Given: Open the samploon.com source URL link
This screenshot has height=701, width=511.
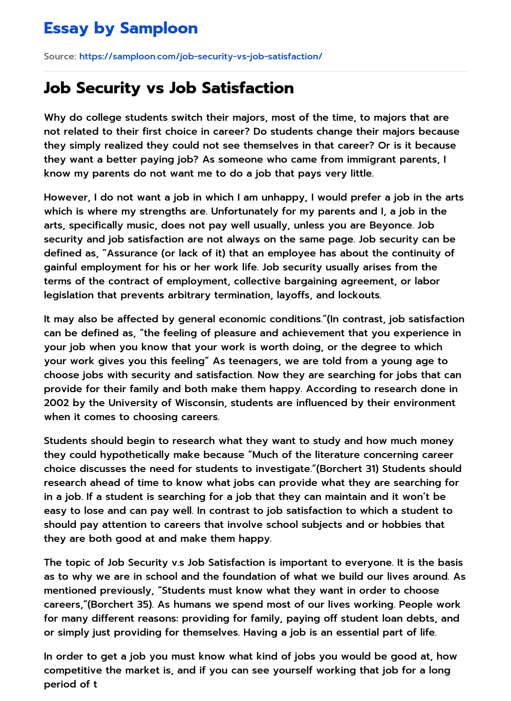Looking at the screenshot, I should pos(201,56).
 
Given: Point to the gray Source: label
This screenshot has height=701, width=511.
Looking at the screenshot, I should pos(60,56).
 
